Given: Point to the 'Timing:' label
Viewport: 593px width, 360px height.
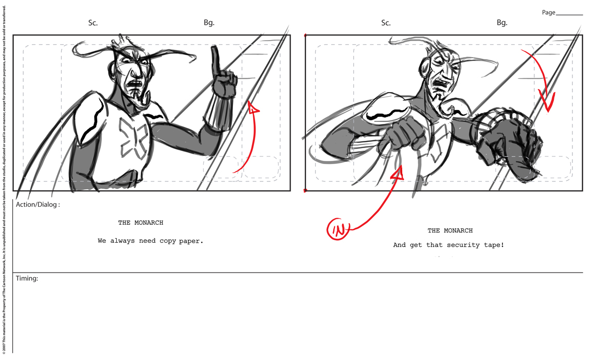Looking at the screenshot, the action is click(27, 278).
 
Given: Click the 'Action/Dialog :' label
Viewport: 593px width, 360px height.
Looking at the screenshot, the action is click(38, 205).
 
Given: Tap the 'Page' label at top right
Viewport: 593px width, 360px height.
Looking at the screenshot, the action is click(548, 12).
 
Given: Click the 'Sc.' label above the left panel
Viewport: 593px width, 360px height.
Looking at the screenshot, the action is click(93, 23).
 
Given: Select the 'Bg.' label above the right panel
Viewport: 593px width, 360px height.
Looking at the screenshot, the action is click(502, 23).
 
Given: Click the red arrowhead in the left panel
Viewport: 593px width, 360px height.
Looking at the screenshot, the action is click(253, 107).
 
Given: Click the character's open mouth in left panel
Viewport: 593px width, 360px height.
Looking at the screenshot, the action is click(136, 82).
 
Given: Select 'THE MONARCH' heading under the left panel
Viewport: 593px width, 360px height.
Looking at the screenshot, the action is click(141, 223).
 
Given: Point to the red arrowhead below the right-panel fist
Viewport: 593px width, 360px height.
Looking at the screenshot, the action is click(398, 174).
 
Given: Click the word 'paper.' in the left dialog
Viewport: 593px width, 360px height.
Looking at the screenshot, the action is click(191, 241).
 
